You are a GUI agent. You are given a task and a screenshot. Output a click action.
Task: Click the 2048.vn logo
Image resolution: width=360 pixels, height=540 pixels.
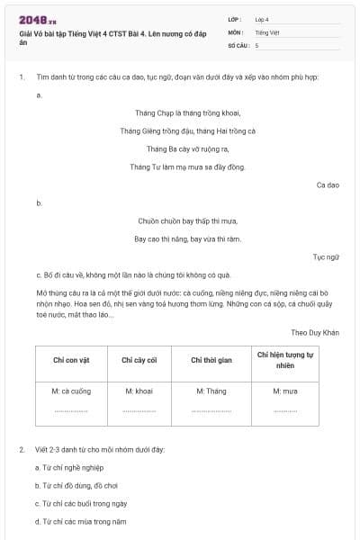[x=38, y=19]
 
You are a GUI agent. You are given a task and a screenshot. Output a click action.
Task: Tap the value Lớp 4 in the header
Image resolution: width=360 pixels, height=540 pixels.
[x=262, y=19]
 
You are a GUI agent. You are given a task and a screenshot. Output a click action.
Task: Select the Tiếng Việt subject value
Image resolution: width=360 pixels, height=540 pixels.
[x=266, y=31]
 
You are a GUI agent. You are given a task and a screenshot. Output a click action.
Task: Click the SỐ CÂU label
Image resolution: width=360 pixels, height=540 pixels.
[x=238, y=44]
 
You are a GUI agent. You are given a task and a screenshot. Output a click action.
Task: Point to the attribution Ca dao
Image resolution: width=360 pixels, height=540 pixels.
[x=327, y=184]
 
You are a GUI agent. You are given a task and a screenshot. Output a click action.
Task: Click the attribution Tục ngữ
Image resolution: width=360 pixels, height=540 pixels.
[x=326, y=256]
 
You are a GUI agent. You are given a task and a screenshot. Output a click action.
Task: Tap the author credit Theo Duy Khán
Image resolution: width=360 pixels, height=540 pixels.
[x=315, y=332]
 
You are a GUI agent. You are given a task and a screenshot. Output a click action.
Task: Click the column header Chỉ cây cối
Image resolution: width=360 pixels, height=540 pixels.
[x=139, y=360]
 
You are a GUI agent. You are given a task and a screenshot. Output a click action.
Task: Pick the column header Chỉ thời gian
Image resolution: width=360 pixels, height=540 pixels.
[x=211, y=360]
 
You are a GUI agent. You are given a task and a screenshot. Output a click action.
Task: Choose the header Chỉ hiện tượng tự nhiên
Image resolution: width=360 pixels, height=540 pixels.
[x=285, y=360]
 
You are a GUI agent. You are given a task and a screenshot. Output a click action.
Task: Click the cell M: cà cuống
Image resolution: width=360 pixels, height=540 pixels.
[x=72, y=391]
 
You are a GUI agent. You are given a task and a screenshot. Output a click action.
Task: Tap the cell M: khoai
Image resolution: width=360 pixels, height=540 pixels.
[x=139, y=391]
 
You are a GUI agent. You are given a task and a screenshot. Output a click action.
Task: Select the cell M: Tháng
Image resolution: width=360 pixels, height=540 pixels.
[x=211, y=391]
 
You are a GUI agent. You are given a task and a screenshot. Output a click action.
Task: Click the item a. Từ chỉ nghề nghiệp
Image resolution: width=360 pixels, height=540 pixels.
[x=69, y=467]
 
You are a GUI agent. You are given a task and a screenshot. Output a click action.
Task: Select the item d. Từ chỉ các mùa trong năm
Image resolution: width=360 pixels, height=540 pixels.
[x=80, y=521]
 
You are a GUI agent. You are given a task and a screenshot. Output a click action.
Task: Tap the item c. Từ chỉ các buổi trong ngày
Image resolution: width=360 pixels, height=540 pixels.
[x=80, y=503]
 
